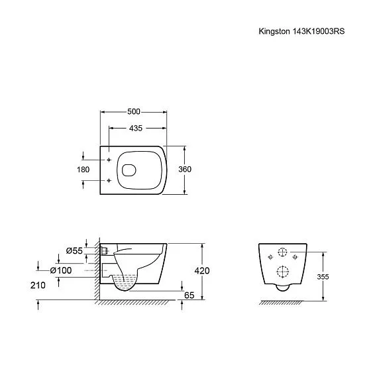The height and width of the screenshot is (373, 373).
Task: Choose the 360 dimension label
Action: (x=186, y=170)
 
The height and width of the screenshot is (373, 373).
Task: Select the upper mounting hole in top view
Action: (x=107, y=160)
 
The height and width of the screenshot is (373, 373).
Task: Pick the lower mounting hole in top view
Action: (x=107, y=180)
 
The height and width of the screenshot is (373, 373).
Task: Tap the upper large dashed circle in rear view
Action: (x=282, y=252)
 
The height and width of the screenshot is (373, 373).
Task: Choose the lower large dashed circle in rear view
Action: (x=282, y=272)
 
